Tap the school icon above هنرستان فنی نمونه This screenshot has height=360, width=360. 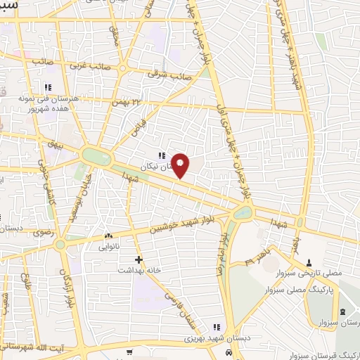pos(48,88)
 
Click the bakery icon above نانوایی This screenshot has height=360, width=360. pos(108,236)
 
